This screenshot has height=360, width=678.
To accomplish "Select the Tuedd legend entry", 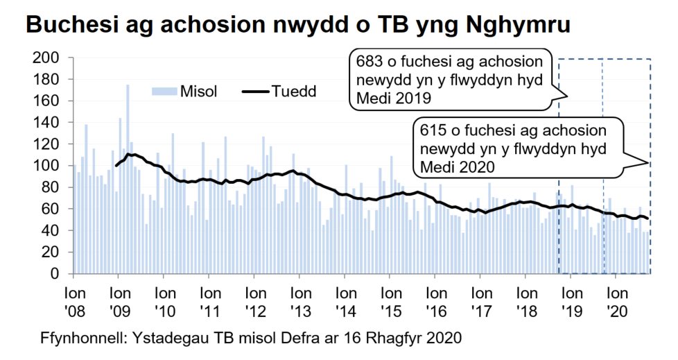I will [x=295, y=91].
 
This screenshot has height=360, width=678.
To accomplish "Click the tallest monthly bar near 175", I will [x=128, y=139].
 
